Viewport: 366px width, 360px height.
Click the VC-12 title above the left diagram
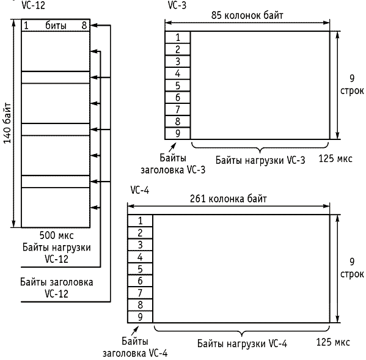33,5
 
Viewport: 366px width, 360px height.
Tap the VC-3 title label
177,6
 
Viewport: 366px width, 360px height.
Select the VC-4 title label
139,190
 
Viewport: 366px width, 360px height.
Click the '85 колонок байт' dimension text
247,15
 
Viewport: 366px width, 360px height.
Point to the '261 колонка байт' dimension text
229,199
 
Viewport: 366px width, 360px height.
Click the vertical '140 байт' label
7,123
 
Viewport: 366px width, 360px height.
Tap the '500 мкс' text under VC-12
56,235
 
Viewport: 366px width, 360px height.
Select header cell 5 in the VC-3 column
178,86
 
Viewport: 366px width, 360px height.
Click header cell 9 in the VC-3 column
178,133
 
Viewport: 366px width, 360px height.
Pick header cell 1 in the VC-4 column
140,221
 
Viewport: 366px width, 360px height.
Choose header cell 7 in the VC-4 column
140,293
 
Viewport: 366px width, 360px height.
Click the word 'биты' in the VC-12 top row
56,26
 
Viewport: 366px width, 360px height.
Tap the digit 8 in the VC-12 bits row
84,25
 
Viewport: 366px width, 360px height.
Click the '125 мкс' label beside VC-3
335,159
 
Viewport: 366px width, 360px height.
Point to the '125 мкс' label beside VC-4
333,342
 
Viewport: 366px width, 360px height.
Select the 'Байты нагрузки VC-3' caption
260,160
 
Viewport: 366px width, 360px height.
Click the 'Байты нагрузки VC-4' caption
243,343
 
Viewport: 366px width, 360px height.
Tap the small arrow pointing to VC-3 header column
172,147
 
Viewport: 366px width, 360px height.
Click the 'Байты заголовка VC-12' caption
56,288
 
